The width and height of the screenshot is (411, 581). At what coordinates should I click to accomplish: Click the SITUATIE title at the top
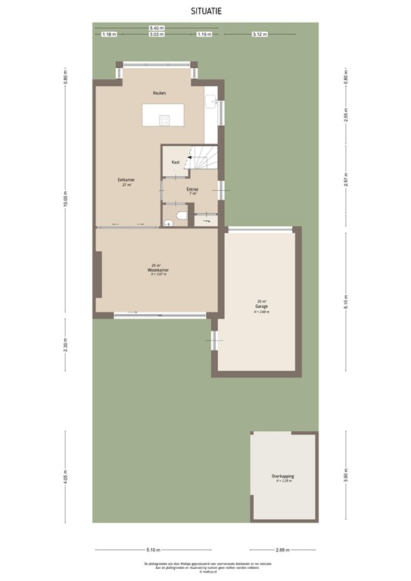point(205,11)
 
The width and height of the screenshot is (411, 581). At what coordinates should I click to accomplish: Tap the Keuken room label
point(159,93)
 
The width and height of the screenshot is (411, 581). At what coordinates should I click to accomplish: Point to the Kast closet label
point(176,162)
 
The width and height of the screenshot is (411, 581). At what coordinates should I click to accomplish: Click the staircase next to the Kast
point(203,161)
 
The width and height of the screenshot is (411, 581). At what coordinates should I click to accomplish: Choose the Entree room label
point(191,189)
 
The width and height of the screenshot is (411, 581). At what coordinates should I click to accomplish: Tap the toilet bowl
point(179,219)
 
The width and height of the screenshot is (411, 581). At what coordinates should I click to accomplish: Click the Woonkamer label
point(157,269)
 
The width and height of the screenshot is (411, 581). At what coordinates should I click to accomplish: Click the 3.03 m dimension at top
point(156,34)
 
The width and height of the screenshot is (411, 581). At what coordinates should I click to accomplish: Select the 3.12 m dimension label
point(258,34)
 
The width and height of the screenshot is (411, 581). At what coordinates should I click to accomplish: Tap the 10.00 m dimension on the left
point(66,198)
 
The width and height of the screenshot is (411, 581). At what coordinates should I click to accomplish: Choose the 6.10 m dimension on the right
point(346,301)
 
